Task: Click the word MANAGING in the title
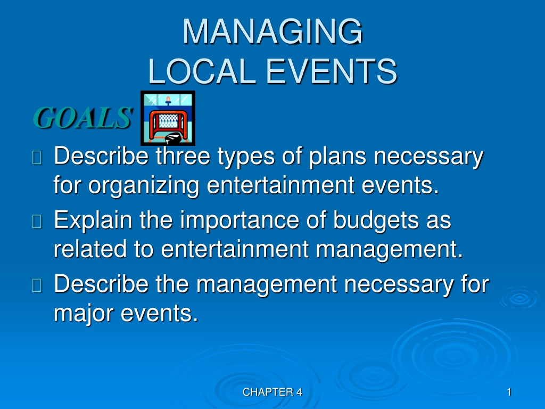(x=273, y=31)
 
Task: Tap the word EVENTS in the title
(x=332, y=71)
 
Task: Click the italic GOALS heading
(x=82, y=118)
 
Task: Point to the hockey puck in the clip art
(x=173, y=138)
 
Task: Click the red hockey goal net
(x=168, y=124)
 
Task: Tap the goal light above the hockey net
(x=168, y=101)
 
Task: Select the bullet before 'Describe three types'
(x=37, y=157)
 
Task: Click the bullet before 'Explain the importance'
(x=37, y=221)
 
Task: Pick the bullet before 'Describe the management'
(x=37, y=285)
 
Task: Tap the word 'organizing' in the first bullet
(x=144, y=186)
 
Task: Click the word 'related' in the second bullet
(x=89, y=249)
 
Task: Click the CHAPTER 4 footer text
(x=272, y=392)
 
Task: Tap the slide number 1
(x=509, y=392)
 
